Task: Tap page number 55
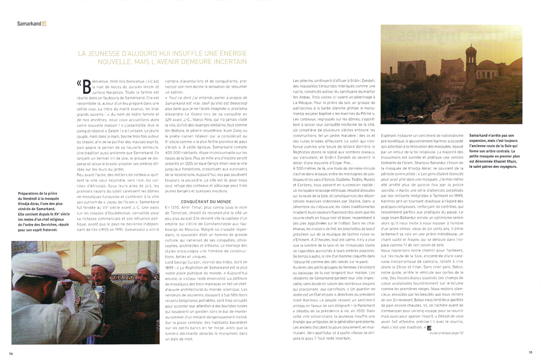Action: (x=530, y=353)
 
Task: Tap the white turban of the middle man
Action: (x=102, y=264)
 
